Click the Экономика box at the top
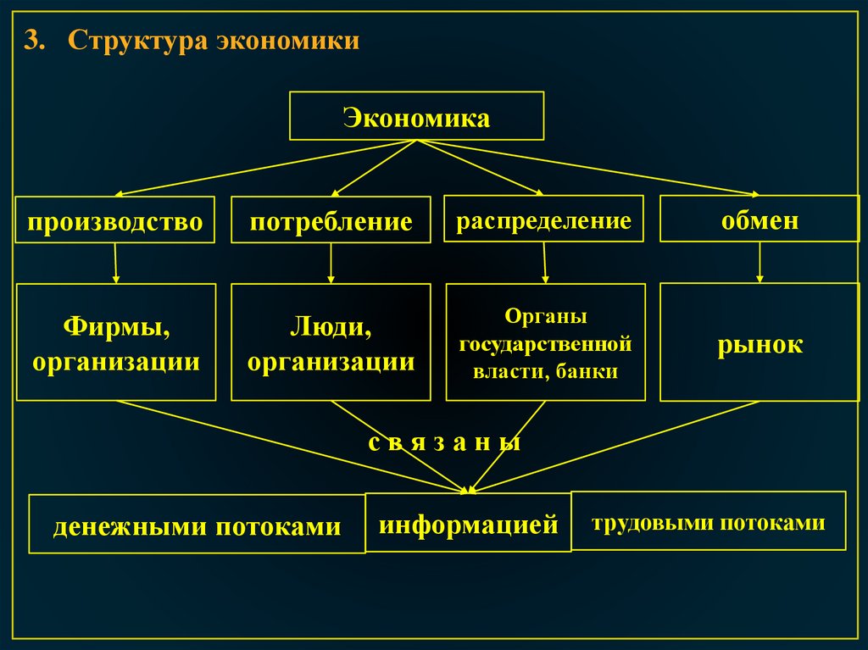(416, 116)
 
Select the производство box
(115, 220)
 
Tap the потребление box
(331, 220)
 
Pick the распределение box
(543, 219)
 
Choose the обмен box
(759, 219)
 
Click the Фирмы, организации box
(116, 342)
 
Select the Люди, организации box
(331, 342)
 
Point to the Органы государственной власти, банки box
(545, 342)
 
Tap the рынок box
(759, 342)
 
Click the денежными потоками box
(197, 525)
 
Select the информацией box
(468, 523)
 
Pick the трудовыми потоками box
(708, 521)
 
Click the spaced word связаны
(444, 443)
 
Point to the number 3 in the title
(31, 42)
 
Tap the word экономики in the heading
(287, 42)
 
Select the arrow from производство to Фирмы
(115, 263)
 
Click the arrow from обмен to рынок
(759, 263)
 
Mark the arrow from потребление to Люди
(331, 263)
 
